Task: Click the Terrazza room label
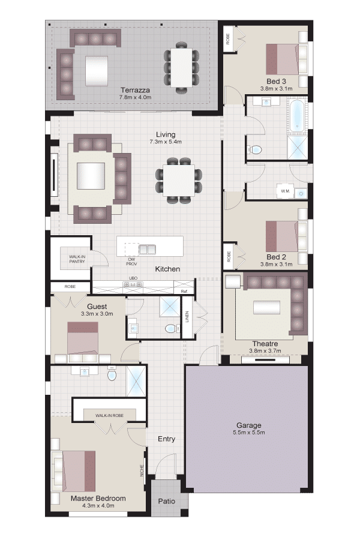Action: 135,90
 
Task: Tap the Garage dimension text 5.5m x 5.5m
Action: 249,433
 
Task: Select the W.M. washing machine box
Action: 285,191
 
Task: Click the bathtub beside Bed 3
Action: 296,116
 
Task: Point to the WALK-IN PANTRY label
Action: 77,259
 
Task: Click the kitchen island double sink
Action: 147,249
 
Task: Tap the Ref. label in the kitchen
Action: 184,292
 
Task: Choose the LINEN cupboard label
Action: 187,317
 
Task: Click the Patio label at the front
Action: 166,502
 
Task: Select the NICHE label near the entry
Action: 142,471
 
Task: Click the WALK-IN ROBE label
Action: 110,416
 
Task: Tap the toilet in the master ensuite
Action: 112,374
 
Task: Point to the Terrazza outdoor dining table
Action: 182,67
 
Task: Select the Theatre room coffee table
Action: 267,307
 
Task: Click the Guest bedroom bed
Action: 83,338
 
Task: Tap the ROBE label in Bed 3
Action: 228,38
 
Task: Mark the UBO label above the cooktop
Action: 133,278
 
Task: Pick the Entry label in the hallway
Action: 166,439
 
